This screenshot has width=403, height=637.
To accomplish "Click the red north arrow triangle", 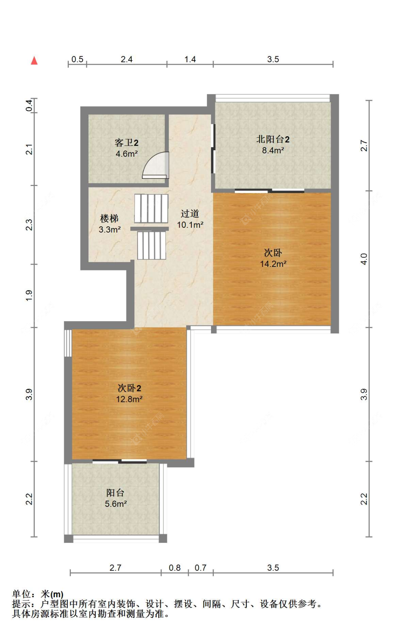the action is (x=34, y=60).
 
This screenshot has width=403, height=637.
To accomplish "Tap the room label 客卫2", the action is (x=126, y=143).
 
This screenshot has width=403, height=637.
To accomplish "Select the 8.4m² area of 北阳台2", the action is (x=273, y=150).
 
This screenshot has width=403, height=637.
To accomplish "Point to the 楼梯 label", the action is (x=109, y=218).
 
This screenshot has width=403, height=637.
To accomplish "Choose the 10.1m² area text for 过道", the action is (x=190, y=225).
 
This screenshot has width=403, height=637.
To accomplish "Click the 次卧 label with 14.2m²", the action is (x=273, y=253).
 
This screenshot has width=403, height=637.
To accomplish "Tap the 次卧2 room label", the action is (x=129, y=388).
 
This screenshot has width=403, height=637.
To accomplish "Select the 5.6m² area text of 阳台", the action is (x=116, y=504).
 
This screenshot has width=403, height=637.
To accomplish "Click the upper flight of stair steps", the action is (x=151, y=209).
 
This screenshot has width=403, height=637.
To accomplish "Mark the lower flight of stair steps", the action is (x=152, y=245).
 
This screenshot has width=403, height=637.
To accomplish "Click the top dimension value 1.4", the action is (x=190, y=59).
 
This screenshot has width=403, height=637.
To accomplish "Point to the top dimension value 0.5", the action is (x=77, y=59).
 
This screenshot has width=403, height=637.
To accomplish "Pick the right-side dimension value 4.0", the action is (x=364, y=259).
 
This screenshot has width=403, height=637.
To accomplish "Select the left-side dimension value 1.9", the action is (x=29, y=295).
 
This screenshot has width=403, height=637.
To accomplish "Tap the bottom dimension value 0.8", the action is (x=175, y=568).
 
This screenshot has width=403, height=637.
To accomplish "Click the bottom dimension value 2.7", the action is (x=115, y=568).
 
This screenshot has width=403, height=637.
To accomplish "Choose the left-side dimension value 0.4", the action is (x=29, y=106).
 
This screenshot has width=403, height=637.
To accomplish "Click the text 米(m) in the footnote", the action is (x=52, y=594).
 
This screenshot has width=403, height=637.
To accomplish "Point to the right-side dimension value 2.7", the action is (x=364, y=146).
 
